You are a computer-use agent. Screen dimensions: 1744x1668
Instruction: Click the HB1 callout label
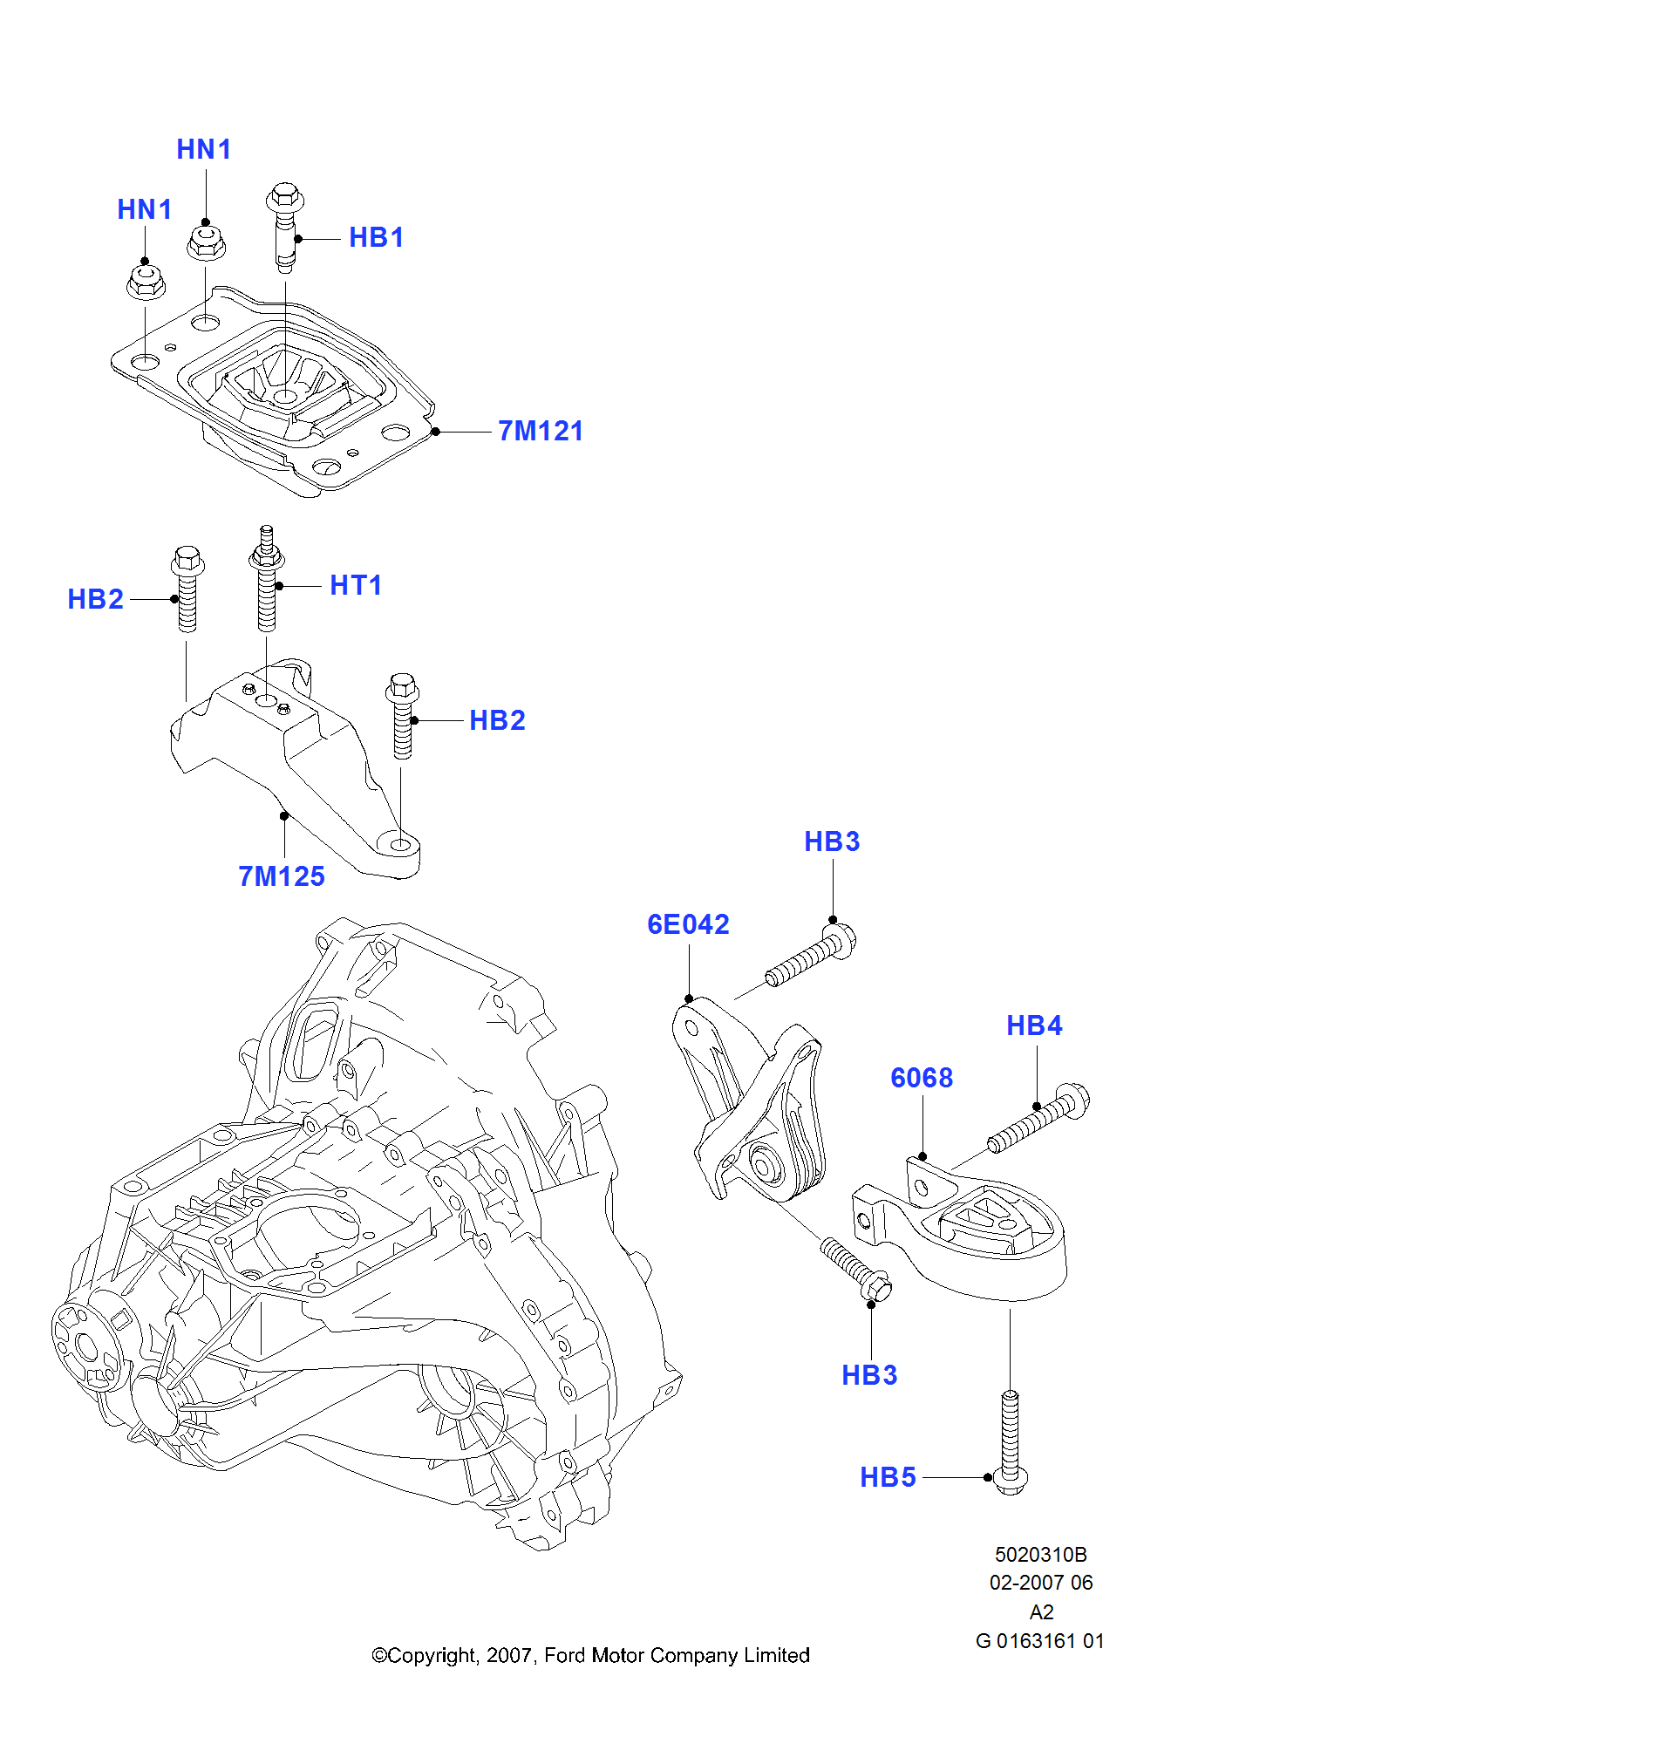(376, 237)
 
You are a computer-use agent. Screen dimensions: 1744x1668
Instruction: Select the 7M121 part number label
(540, 431)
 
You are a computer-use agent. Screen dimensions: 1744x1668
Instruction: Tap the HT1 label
(356, 585)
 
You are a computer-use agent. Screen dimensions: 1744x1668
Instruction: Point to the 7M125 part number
(281, 876)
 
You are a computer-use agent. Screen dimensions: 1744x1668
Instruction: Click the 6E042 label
(687, 924)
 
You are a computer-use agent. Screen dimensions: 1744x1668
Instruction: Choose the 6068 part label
(921, 1077)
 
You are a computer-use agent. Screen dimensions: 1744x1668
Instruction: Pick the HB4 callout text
(1033, 1025)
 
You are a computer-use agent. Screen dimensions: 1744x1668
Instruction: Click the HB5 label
(888, 1477)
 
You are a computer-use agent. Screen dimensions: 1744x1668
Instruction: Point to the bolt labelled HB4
(1038, 1118)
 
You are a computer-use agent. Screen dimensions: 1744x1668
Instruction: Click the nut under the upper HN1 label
(207, 242)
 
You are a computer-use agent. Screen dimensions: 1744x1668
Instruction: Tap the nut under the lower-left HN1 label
(146, 282)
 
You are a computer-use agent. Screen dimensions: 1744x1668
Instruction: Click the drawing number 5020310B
(1040, 1554)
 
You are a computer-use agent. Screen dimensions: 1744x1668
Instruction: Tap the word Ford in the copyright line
(565, 1655)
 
